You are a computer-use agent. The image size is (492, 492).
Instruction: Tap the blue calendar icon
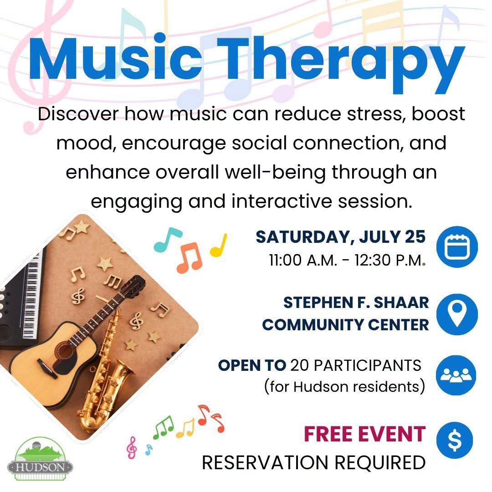tap(457, 246)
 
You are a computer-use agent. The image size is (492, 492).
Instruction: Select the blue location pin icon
tap(457, 314)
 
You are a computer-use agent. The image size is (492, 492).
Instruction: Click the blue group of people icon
tap(456, 375)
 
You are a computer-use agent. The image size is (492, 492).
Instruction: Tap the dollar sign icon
tap(454, 441)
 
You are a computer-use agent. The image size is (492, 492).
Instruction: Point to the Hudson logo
tap(40, 459)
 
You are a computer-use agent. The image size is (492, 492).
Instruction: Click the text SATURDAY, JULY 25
tap(340, 237)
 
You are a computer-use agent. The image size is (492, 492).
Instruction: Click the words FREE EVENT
tap(364, 434)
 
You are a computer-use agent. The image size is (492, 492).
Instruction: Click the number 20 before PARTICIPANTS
tap(300, 365)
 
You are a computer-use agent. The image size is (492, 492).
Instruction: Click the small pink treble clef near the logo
tap(132, 447)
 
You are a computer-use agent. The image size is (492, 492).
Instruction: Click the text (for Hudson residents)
tap(345, 387)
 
